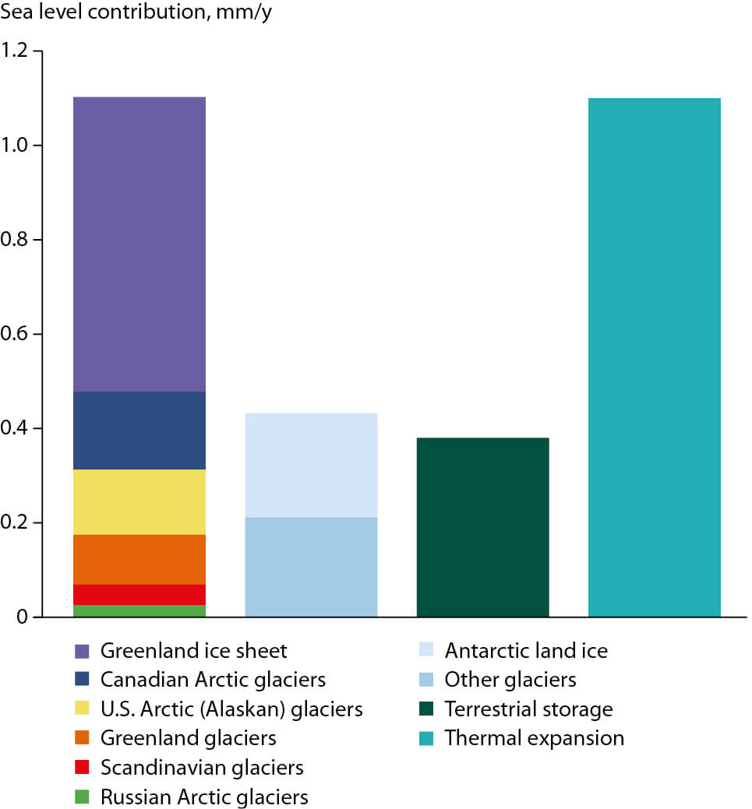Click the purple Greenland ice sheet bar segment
tap(139, 244)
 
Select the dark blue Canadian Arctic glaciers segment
tap(139, 430)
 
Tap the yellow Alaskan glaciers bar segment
tap(139, 501)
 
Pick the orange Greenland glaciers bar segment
tap(139, 559)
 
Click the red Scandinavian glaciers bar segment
tap(139, 594)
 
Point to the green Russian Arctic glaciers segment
tap(139, 610)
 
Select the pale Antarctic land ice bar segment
tap(311, 465)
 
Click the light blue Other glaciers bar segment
tap(311, 567)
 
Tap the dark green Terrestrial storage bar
tap(482, 527)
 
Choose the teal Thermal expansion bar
tap(654, 357)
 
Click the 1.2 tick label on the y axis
tap(16, 51)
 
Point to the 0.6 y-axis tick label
tap(16, 334)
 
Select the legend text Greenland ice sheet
tap(194, 650)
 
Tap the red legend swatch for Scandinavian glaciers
tap(82, 768)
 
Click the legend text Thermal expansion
tap(534, 738)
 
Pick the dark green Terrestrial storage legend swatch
tap(426, 709)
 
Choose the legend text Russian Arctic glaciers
tap(204, 797)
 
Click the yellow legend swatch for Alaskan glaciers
tap(82, 709)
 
